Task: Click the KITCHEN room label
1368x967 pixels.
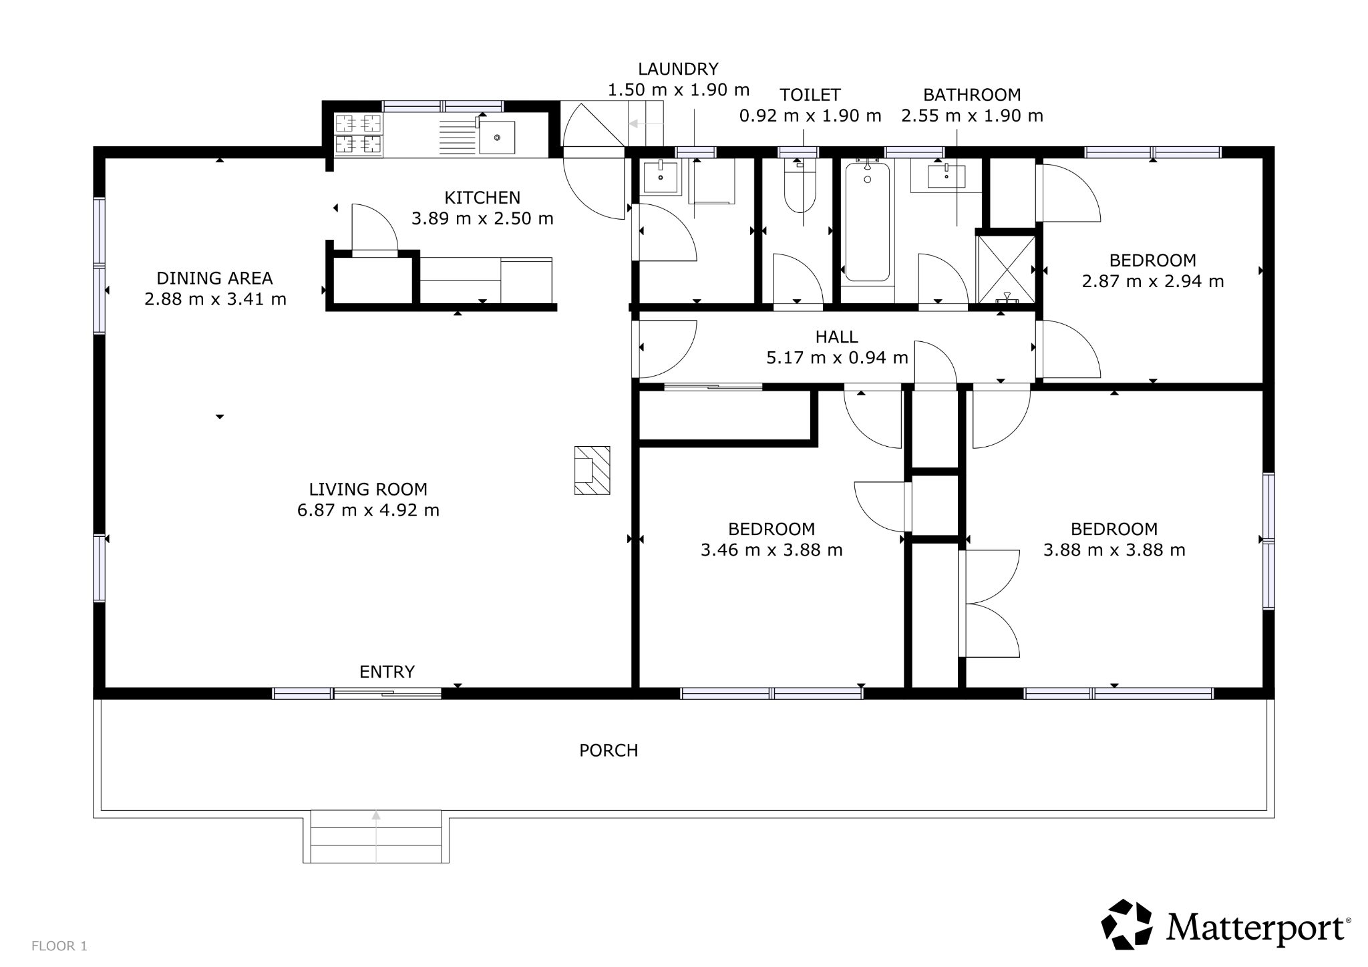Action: click(x=482, y=198)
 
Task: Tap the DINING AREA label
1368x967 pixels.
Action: click(x=214, y=278)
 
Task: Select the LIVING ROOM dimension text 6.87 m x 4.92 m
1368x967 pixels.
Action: click(x=368, y=510)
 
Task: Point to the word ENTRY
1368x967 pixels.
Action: click(x=387, y=672)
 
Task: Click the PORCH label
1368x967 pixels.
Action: click(x=609, y=751)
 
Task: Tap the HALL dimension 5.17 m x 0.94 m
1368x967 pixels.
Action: click(x=837, y=358)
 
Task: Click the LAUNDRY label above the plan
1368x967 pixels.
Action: click(x=678, y=69)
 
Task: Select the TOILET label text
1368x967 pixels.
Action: click(x=810, y=95)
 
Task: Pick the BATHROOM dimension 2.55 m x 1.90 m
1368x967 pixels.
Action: click(x=972, y=116)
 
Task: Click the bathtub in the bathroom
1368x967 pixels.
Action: click(x=867, y=220)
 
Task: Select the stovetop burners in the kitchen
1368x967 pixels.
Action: click(x=358, y=134)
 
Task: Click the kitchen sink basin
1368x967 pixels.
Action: click(x=497, y=137)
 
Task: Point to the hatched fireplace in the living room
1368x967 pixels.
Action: click(x=592, y=471)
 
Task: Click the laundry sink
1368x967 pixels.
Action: click(x=661, y=177)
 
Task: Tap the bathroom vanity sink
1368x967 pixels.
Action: click(x=947, y=177)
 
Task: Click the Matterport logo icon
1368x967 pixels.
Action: click(x=1126, y=924)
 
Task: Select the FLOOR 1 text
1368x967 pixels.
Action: click(x=59, y=946)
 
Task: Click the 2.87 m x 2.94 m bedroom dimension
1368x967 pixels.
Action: click(x=1153, y=281)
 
